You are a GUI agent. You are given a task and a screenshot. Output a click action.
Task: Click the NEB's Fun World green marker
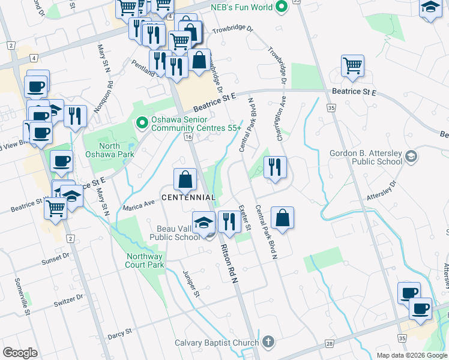(x=280, y=8)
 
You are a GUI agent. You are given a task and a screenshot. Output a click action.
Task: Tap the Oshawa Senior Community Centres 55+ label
(x=196, y=124)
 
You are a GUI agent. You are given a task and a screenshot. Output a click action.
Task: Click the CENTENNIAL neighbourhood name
(x=188, y=197)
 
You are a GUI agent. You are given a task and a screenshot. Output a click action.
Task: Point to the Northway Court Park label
(x=145, y=260)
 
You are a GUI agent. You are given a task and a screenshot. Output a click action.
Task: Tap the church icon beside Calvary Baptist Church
(x=268, y=343)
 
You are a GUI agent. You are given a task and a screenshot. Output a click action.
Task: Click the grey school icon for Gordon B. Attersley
(x=411, y=157)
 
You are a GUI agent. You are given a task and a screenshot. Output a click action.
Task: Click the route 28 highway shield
(x=330, y=343)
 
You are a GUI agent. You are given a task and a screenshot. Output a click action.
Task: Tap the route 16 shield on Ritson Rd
(x=188, y=137)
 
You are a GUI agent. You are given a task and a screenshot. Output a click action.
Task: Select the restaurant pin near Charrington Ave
(x=275, y=167)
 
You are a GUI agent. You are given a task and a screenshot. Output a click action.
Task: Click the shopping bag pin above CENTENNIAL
(x=185, y=179)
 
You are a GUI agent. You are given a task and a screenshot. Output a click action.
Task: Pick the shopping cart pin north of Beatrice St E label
(x=353, y=65)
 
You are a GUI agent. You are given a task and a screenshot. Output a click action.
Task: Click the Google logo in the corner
(x=20, y=353)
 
